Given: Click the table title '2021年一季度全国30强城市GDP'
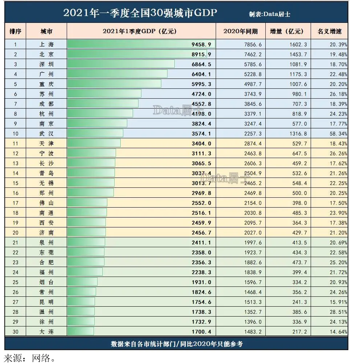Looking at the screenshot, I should [x=140, y=13].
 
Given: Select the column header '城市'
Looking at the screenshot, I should [x=46, y=31].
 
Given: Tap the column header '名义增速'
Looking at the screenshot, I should [x=329, y=31].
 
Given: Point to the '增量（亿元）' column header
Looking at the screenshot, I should [x=287, y=31].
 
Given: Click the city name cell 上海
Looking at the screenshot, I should [x=46, y=45].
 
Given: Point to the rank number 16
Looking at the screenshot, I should [x=15, y=193].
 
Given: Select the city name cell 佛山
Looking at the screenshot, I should [x=46, y=203].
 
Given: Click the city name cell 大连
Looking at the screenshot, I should [x=46, y=332].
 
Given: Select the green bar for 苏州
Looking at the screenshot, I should [x=104, y=94].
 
